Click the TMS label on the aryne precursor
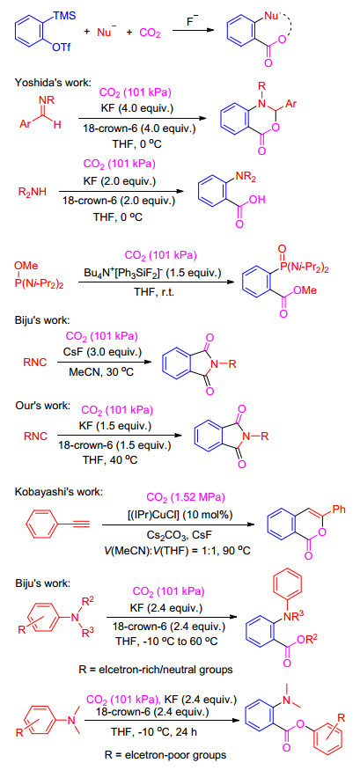pyautogui.click(x=65, y=16)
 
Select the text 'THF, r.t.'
pyautogui.click(x=154, y=296)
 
